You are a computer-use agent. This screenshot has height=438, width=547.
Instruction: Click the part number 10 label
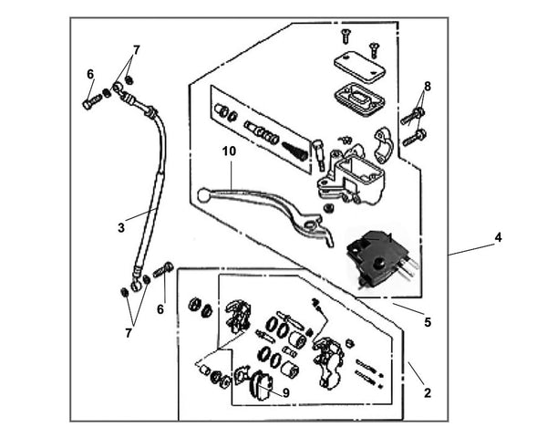tap(228, 150)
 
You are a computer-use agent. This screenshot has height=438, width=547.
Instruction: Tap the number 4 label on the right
tap(498, 237)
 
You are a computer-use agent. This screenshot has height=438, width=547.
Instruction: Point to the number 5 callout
tap(427, 321)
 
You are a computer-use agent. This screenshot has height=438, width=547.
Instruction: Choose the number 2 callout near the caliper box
tap(427, 393)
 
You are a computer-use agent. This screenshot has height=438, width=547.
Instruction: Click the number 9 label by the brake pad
tap(285, 393)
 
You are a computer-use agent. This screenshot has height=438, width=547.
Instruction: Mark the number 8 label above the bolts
tap(427, 87)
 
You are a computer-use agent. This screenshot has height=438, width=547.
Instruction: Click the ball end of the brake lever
tap(203, 193)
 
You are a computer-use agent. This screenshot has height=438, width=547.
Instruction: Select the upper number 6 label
tap(89, 74)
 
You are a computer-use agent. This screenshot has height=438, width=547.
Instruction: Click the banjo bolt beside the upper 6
tap(90, 103)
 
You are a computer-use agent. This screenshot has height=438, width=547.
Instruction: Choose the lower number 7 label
tap(129, 333)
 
